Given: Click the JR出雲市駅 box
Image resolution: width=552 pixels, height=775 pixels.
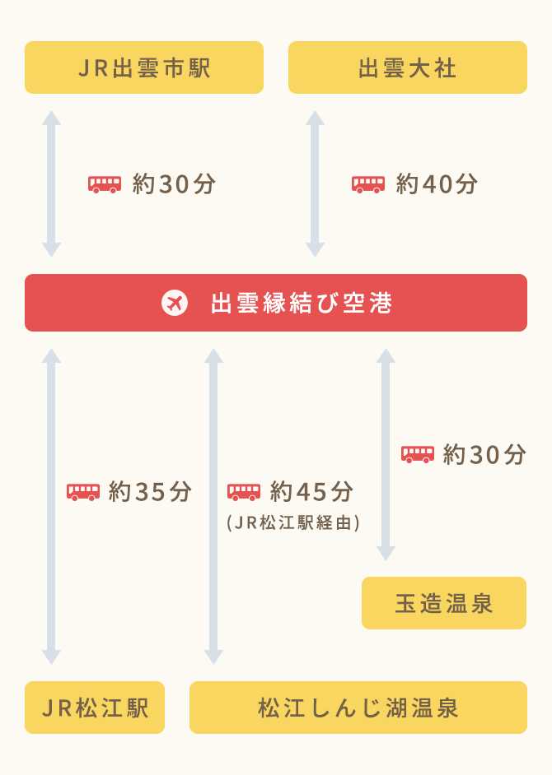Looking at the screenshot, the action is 144,67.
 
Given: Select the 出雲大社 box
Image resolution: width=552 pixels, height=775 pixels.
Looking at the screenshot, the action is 408,67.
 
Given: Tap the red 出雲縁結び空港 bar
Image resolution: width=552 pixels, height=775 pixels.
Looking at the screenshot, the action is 276,303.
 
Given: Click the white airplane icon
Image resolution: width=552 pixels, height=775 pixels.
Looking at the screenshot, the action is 175,303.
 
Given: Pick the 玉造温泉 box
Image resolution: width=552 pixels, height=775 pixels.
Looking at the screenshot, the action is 444,603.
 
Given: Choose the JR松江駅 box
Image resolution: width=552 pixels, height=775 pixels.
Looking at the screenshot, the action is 95,708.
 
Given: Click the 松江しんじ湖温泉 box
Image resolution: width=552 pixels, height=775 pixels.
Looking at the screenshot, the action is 358,708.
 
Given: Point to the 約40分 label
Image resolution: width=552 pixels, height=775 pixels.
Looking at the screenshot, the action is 437,184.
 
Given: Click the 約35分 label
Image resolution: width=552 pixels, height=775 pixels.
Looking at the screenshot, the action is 150,492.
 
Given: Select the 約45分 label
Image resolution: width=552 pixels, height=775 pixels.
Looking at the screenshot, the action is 311,492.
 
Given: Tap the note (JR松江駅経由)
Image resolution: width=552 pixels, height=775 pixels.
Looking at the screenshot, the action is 293,523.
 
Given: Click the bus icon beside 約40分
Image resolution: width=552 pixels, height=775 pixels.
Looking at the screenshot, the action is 368,184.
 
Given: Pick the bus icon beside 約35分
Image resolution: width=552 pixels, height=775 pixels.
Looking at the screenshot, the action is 83,492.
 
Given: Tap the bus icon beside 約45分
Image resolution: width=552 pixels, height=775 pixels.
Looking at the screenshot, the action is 244,492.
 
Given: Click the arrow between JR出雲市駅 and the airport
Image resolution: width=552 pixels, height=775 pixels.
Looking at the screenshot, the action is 51,183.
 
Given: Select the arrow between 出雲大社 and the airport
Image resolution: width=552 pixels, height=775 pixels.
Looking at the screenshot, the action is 315,183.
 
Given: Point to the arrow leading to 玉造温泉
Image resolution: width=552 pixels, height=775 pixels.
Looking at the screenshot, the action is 386,454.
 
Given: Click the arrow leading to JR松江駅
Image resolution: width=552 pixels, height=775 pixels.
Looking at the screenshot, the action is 51,506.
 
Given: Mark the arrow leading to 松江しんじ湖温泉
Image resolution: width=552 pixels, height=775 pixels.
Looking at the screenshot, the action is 213,506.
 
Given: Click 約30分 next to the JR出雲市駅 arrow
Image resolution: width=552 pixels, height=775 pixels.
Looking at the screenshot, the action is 174,184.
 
